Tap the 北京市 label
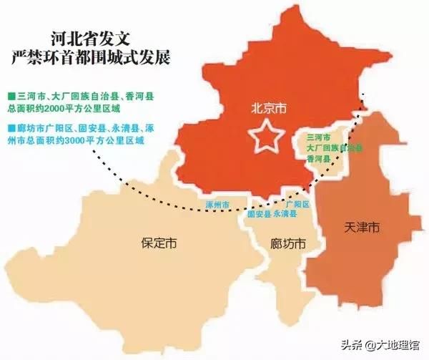click(268, 110)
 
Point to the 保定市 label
click(159, 243)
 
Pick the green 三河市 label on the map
click(318, 136)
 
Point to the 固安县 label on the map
click(259, 214)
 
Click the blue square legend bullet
click(10, 127)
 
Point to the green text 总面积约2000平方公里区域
click(62, 108)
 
